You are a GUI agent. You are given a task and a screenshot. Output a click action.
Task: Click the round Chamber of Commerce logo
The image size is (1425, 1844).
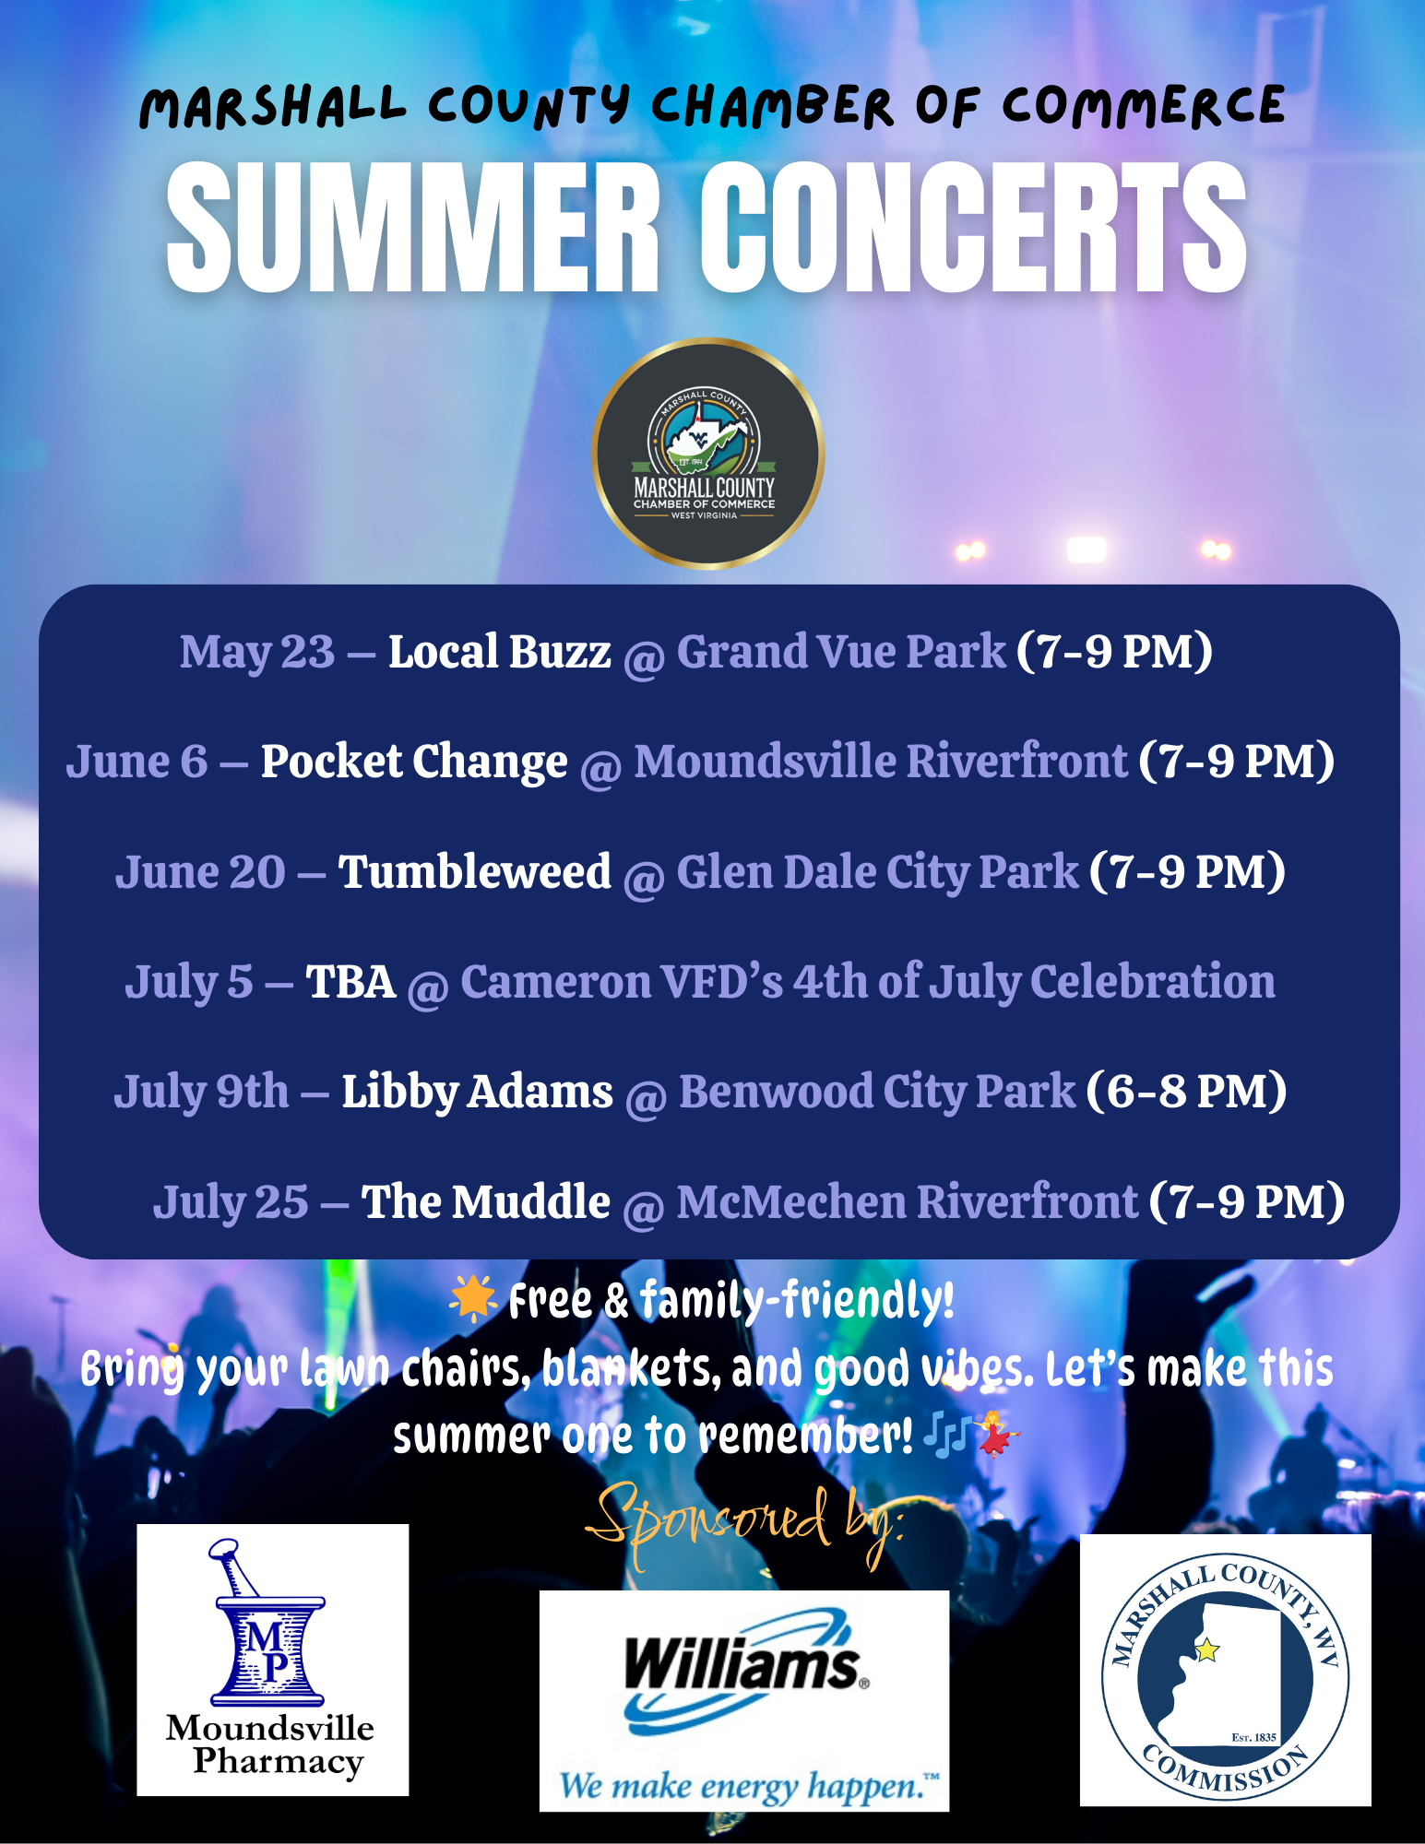pos(708,454)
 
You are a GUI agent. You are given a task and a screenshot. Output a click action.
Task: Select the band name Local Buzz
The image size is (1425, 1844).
pos(499,652)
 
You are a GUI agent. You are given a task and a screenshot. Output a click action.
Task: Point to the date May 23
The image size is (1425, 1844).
pos(257,653)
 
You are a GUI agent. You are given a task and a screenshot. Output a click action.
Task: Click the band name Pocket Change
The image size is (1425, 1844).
pos(414,762)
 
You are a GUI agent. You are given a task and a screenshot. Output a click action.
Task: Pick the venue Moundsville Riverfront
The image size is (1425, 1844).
pos(881,762)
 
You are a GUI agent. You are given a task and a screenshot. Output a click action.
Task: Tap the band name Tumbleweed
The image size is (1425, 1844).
pos(475,871)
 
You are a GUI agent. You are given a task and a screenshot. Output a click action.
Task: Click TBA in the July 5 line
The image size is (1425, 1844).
pos(350,982)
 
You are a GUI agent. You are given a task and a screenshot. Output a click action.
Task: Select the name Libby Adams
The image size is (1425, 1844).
pos(478,1093)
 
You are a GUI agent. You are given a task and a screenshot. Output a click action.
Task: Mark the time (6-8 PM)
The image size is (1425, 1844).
pos(1186,1092)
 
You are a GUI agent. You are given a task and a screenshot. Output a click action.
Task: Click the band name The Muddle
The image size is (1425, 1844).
pos(486,1201)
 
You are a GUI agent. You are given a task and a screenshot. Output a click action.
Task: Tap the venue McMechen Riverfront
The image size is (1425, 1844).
pos(908,1201)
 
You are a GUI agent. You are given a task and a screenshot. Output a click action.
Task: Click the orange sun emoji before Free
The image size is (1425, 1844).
pos(473,1299)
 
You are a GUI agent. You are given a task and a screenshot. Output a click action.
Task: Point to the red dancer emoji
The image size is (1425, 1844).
pos(997,1434)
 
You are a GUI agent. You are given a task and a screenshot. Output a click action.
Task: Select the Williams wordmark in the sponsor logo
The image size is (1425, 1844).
pos(742,1665)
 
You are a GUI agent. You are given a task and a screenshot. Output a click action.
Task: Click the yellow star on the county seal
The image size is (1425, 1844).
pos(1206,1649)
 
